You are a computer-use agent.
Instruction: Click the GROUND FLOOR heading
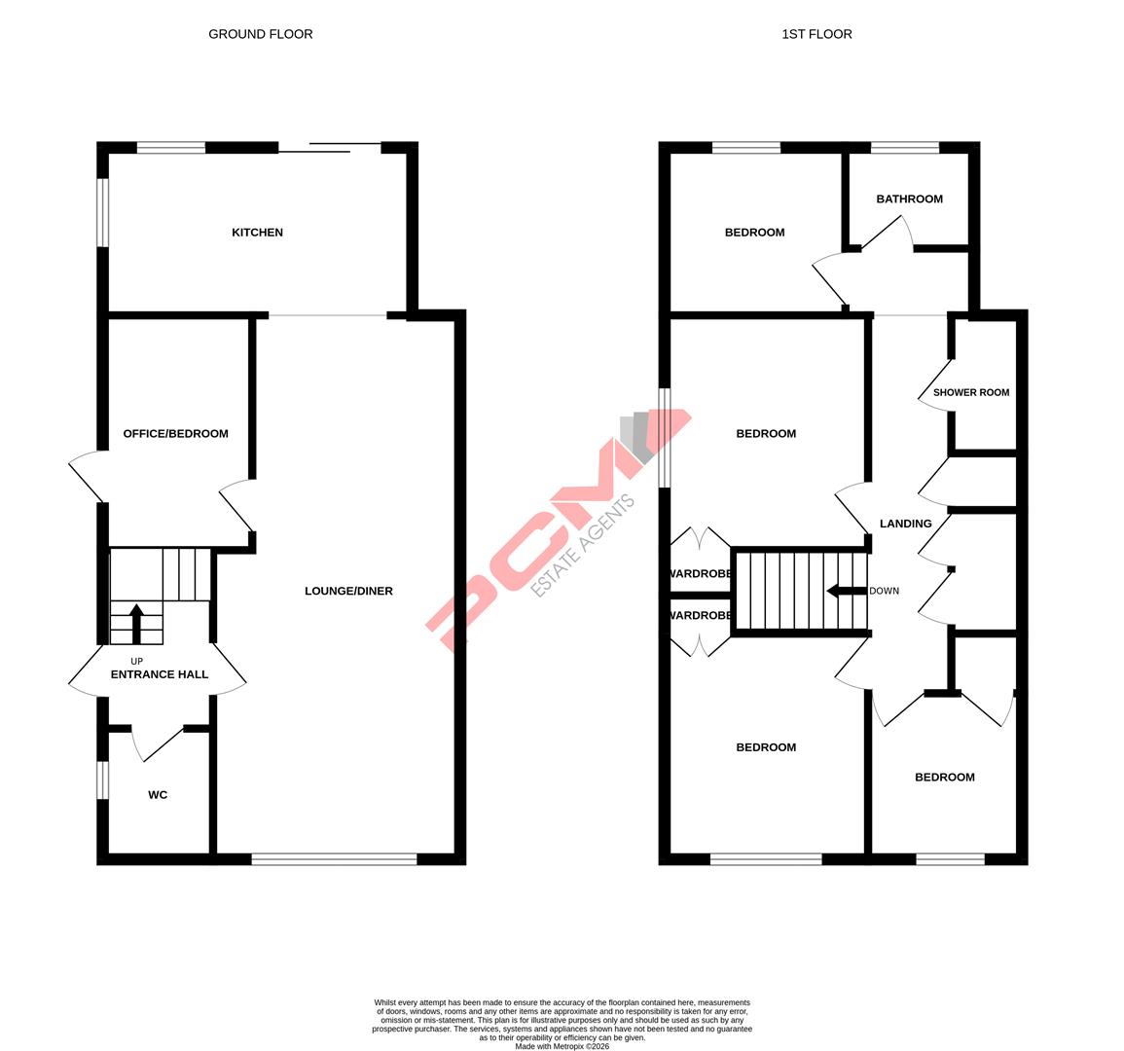(x=261, y=34)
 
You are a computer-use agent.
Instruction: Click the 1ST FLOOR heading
(x=816, y=34)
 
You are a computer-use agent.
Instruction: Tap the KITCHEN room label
(x=257, y=233)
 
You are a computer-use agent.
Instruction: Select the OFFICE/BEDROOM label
(x=175, y=433)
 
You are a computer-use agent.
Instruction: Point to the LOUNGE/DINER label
(x=348, y=591)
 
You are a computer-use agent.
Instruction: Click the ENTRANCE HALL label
(x=160, y=674)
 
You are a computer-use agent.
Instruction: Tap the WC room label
(x=158, y=795)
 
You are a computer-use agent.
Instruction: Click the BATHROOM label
(x=909, y=199)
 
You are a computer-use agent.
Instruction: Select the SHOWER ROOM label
(x=971, y=392)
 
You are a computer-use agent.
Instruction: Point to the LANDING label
(x=905, y=524)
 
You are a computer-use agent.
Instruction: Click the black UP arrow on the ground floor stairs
(x=136, y=624)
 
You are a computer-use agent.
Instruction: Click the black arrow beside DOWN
(x=845, y=591)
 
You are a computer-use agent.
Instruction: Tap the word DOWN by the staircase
(x=884, y=591)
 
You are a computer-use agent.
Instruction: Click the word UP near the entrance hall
(x=136, y=662)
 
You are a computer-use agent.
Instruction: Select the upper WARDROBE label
(x=700, y=573)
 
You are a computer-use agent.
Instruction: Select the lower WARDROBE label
(x=700, y=615)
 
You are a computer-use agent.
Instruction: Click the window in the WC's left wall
(x=102, y=779)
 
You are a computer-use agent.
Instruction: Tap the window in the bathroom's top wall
(x=904, y=148)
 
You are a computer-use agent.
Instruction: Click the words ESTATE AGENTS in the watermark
(x=583, y=545)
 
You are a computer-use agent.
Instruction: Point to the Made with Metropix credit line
(x=562, y=1046)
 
